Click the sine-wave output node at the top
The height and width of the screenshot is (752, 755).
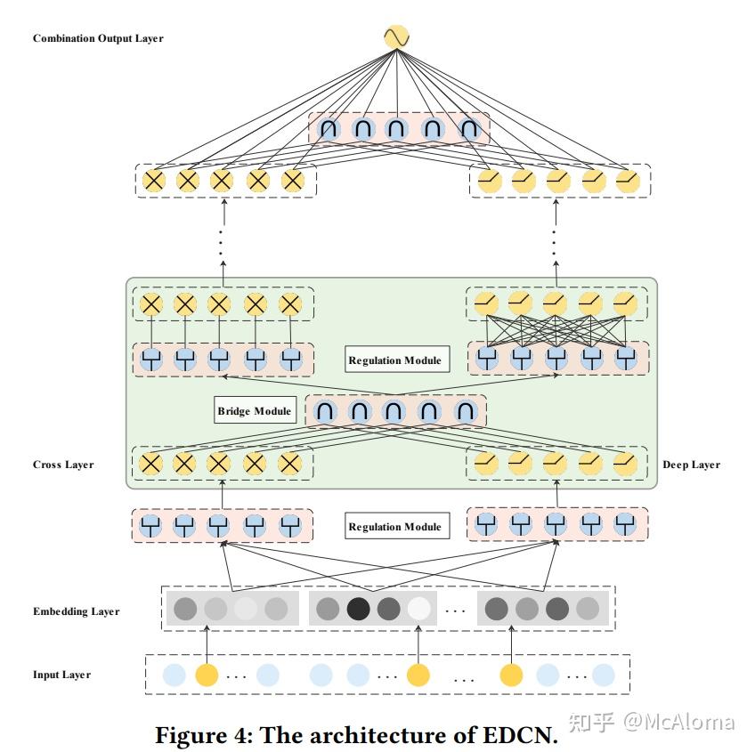point(395,37)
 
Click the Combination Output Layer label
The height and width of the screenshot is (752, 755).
point(98,38)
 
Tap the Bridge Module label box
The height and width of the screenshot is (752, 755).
point(255,411)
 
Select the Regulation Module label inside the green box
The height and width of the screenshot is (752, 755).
point(394,360)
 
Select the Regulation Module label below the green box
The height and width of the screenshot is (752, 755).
point(394,527)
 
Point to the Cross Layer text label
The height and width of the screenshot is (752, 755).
point(63,465)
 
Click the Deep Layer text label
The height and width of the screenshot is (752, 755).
point(691,465)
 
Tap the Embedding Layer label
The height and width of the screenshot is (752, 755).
point(76,611)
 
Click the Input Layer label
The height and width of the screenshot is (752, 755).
point(61,675)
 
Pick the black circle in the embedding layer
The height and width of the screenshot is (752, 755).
point(358,609)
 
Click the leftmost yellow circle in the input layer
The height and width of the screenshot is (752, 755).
point(207,675)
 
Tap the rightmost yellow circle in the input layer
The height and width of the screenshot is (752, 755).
point(511,675)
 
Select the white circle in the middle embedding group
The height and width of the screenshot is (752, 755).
point(418,609)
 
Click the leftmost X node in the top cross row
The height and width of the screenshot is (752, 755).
point(154,181)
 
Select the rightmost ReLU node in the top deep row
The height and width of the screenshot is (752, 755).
point(628,181)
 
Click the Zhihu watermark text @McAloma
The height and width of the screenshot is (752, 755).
point(678,722)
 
